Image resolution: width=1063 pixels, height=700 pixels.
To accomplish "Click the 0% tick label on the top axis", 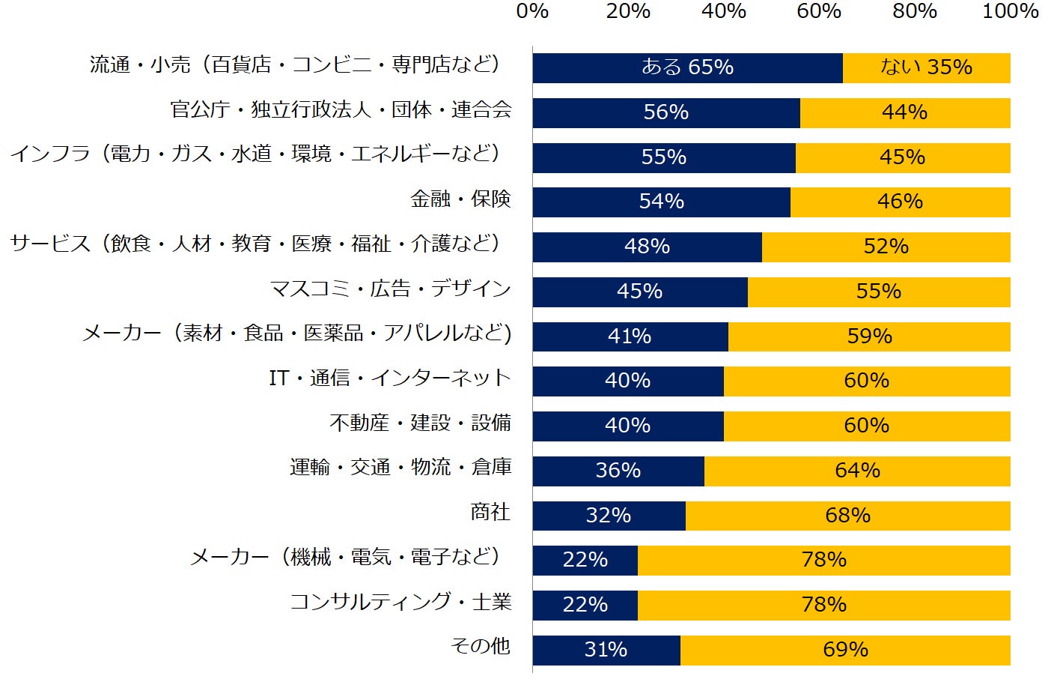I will (x=532, y=11).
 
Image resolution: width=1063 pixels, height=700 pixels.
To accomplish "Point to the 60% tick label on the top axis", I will (x=819, y=11).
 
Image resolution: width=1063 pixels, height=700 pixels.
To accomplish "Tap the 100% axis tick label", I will (x=1010, y=11).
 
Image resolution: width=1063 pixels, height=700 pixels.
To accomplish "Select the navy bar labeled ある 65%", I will (x=687, y=67).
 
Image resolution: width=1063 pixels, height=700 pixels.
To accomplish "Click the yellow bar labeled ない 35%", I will (x=926, y=67).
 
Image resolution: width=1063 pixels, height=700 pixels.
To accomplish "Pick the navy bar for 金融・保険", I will (x=661, y=202).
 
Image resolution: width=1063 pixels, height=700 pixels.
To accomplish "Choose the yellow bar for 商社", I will (x=847, y=516).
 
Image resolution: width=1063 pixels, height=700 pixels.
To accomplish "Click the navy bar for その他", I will (x=606, y=650).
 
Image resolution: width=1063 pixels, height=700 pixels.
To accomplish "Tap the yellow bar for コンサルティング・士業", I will (x=823, y=605).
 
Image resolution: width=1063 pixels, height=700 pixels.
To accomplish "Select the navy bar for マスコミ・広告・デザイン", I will (x=639, y=292).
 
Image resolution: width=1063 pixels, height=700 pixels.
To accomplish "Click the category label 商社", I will (x=490, y=513).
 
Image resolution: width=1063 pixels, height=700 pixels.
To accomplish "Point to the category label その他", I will (x=481, y=646).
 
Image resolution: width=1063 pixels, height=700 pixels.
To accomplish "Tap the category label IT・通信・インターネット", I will (x=389, y=378).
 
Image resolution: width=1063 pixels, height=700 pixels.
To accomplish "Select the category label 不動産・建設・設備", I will (x=421, y=423).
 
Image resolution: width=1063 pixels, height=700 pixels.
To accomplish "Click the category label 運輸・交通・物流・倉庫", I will (x=400, y=468).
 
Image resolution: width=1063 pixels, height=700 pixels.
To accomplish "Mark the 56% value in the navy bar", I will (x=665, y=112).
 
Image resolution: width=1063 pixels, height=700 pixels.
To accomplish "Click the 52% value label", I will (x=886, y=247).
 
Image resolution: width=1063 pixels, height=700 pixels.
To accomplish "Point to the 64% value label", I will (x=857, y=471).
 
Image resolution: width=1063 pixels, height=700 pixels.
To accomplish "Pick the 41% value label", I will (x=630, y=337).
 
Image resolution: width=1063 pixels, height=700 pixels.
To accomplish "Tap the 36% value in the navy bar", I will (x=618, y=471).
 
